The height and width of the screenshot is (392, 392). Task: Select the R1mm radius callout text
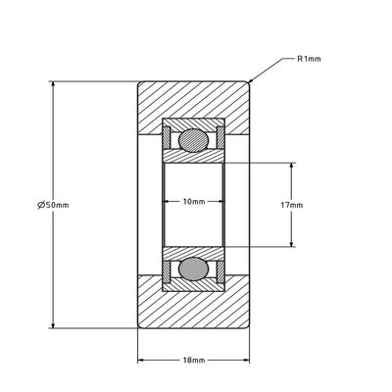tap(310, 60)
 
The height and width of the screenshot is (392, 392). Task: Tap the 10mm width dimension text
tap(194, 202)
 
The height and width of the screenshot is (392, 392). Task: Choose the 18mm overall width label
tap(194, 361)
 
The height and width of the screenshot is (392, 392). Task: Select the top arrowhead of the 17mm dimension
tap(292, 164)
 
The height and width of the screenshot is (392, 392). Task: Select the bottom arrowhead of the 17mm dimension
tap(292, 244)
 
